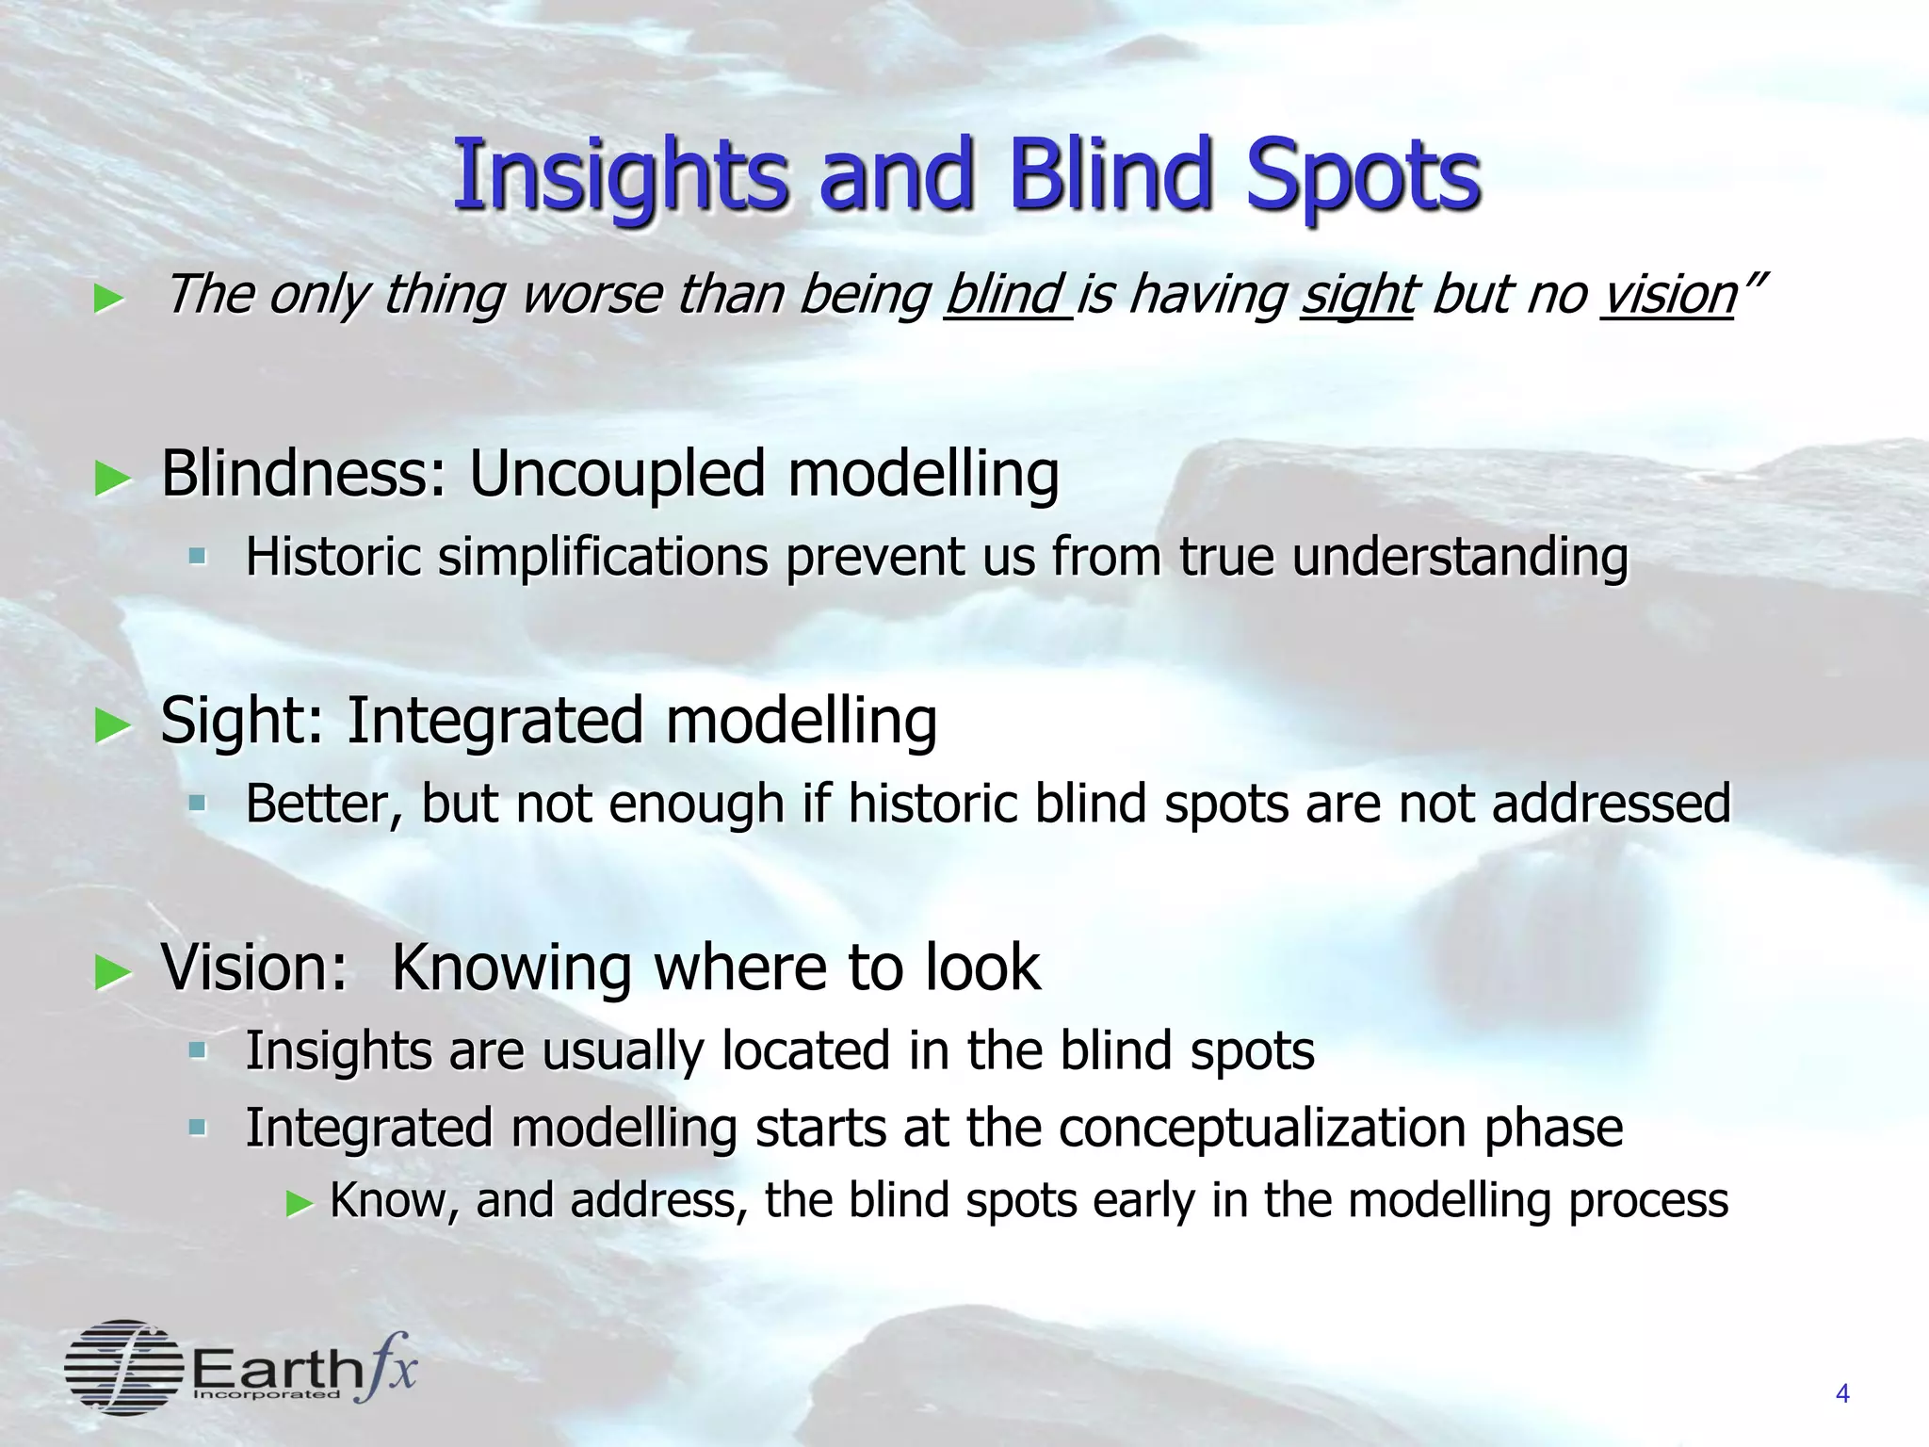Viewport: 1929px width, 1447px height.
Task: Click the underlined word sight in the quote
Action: [x=1356, y=295]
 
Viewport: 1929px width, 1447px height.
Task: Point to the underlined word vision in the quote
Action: [x=1668, y=295]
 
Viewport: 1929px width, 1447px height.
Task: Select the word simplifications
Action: [x=603, y=557]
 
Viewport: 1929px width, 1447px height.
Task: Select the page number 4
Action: [x=1842, y=1393]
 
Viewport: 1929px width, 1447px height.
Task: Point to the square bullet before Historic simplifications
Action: [x=197, y=557]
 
